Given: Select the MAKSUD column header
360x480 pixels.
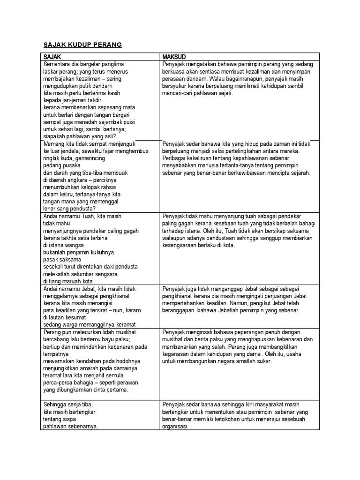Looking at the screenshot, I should [174, 56].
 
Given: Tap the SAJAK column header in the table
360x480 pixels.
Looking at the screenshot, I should [52, 56].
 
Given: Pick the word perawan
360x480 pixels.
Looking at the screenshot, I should [127, 382].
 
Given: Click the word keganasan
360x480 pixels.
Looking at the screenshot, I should [177, 354].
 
